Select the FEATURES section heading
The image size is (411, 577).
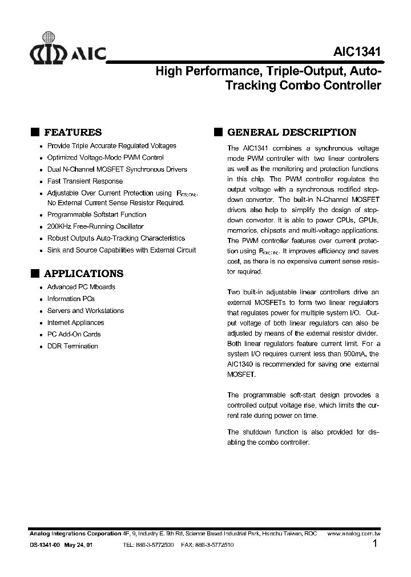(x=72, y=132)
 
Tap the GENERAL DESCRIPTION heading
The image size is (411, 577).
(x=292, y=132)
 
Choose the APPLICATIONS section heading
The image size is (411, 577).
(x=83, y=274)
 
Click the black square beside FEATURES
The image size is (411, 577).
(x=35, y=132)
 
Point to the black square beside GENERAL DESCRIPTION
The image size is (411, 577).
(x=218, y=132)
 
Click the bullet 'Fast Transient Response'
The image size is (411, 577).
(x=84, y=181)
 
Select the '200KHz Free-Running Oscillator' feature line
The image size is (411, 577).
(x=95, y=226)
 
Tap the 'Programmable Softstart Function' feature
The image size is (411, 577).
(x=96, y=215)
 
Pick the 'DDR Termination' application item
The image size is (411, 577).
(x=72, y=347)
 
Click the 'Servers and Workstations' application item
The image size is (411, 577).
(x=85, y=311)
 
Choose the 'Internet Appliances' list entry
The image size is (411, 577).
(x=75, y=323)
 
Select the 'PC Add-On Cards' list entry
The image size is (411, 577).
(x=74, y=335)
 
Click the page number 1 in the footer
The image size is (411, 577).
(x=375, y=544)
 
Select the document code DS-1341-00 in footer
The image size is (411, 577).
(x=44, y=545)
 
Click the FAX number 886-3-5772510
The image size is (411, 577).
(x=215, y=545)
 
